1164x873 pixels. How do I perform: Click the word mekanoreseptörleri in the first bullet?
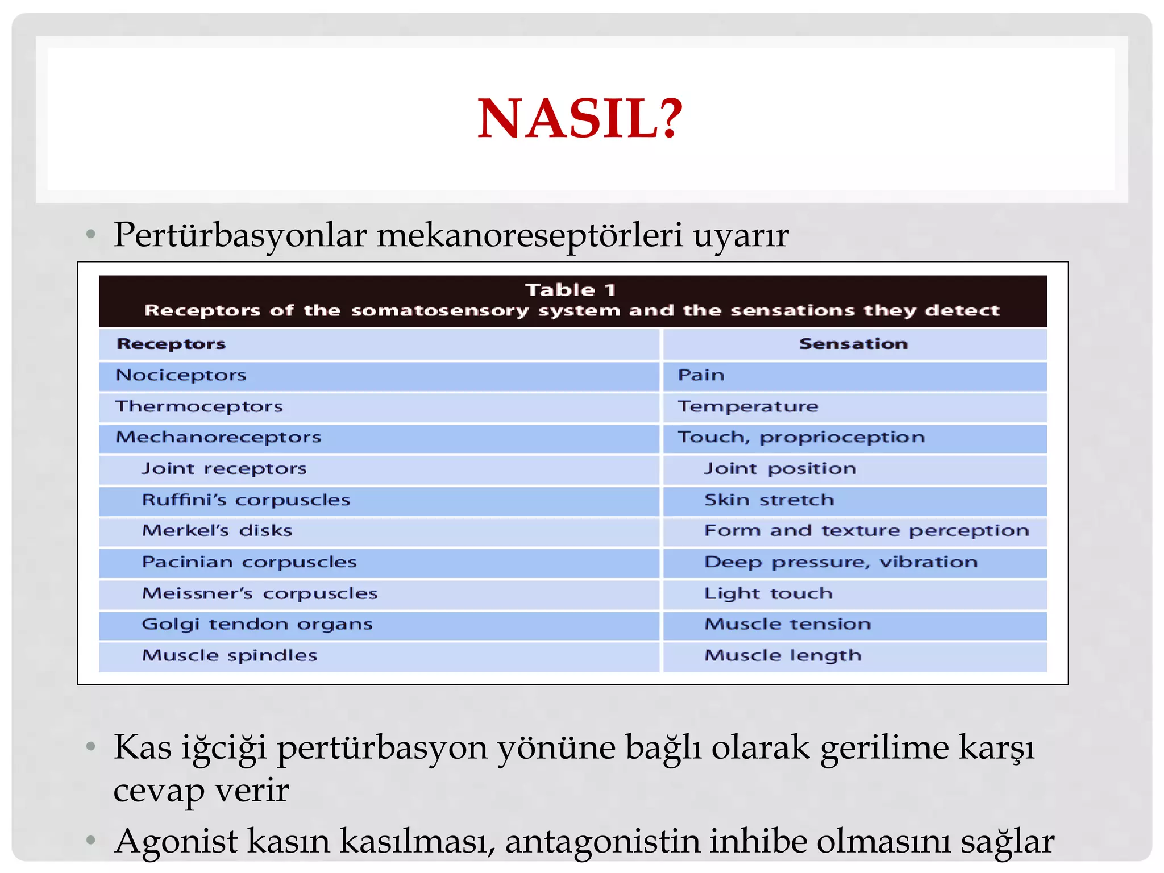tap(529, 235)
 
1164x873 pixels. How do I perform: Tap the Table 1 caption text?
tap(571, 290)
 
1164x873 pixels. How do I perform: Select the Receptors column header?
tap(171, 344)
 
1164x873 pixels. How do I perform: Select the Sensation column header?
tap(853, 344)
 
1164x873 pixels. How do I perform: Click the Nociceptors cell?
tap(181, 375)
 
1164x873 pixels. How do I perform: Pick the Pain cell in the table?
tap(701, 375)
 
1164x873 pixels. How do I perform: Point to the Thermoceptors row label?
tap(199, 406)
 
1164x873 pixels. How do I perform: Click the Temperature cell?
tap(747, 406)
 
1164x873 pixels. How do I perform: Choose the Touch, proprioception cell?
tap(801, 437)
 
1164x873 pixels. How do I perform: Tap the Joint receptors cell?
tap(224, 469)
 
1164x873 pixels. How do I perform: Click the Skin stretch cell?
tap(769, 500)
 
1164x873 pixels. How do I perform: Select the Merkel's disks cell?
tap(217, 531)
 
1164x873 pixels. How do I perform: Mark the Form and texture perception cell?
tap(866, 531)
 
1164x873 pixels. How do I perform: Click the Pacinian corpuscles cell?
tap(249, 562)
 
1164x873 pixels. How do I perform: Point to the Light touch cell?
tap(768, 593)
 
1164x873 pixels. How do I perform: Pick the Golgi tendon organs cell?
tap(257, 624)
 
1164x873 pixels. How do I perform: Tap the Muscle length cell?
tap(783, 655)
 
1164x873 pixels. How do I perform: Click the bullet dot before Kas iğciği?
tap(91, 747)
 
